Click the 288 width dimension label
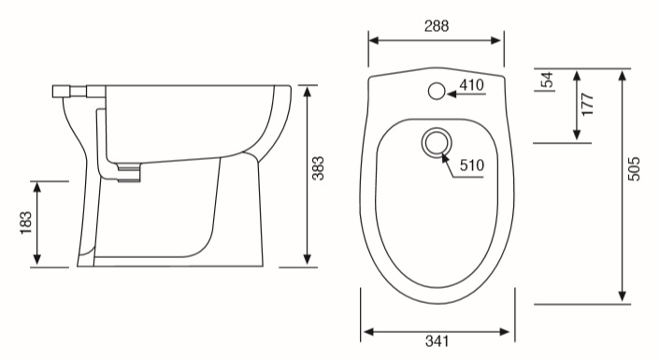(x=437, y=26)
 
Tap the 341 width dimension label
(x=437, y=341)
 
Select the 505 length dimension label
(x=634, y=169)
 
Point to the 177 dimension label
(x=587, y=105)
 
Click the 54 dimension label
(x=547, y=79)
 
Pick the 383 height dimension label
(x=318, y=168)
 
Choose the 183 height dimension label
(x=25, y=223)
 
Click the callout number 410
(x=471, y=85)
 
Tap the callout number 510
(x=471, y=166)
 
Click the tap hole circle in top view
(x=437, y=91)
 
